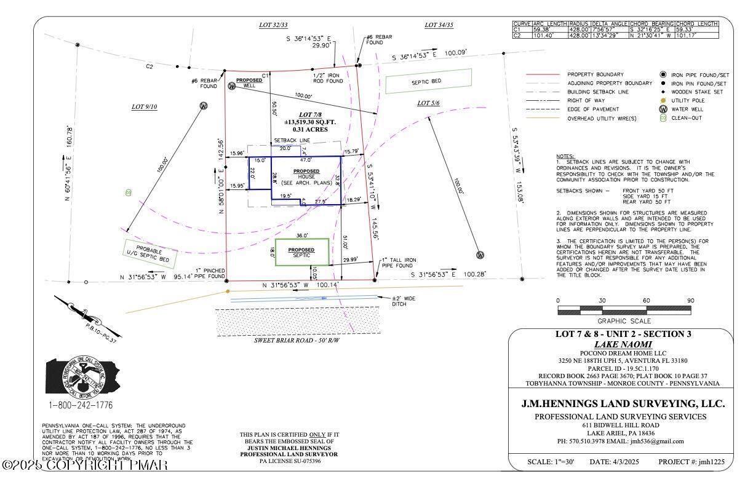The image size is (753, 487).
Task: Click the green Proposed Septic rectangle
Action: (301, 253)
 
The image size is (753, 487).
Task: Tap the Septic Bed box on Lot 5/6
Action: (428, 81)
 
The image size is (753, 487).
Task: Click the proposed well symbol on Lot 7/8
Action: (232, 86)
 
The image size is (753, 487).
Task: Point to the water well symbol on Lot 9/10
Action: (204, 106)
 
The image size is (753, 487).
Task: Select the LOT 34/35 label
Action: (439, 25)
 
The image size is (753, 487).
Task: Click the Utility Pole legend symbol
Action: (663, 100)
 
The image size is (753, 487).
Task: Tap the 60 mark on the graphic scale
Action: (646, 301)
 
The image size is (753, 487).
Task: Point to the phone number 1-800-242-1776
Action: (80, 405)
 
